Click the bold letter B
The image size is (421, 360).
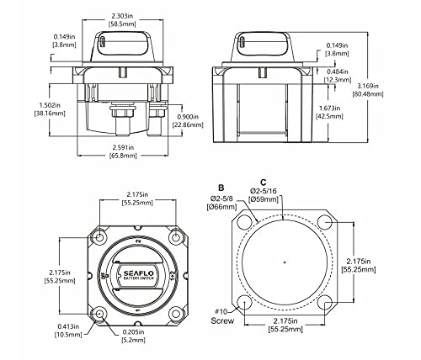click(221, 188)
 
